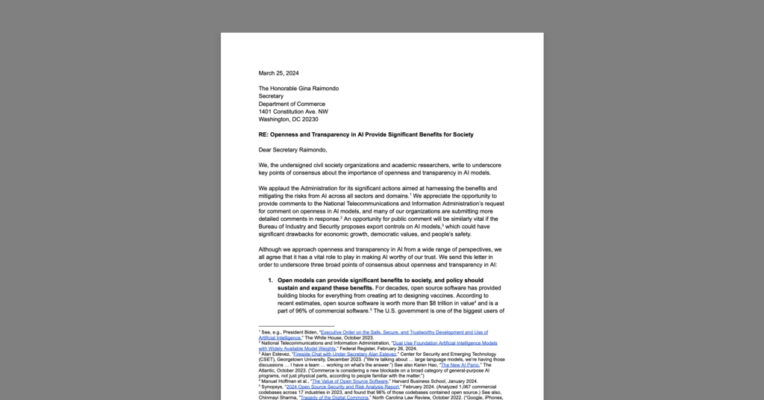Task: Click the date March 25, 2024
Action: point(278,73)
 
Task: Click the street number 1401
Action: point(266,111)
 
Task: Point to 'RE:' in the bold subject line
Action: point(263,134)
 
